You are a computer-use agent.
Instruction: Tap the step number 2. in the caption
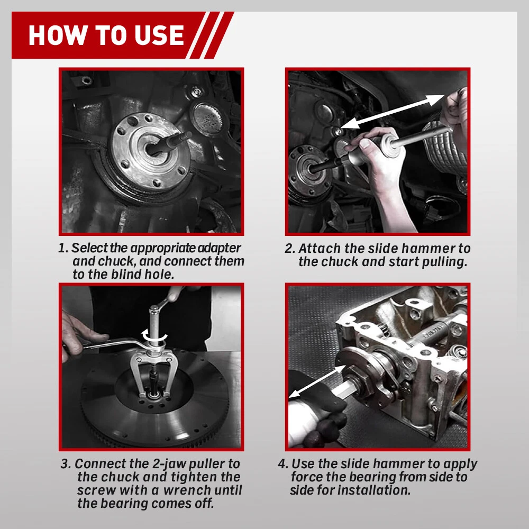click(290, 248)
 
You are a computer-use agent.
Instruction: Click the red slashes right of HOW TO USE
click(212, 35)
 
